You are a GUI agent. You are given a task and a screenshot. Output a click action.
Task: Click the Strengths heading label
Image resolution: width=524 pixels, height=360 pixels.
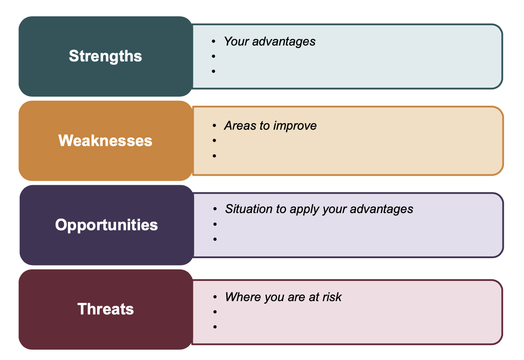click(x=105, y=56)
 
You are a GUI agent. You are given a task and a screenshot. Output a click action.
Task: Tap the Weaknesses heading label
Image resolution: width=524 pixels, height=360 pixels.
click(x=105, y=140)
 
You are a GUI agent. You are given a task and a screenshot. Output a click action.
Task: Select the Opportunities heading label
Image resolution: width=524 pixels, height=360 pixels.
click(x=107, y=225)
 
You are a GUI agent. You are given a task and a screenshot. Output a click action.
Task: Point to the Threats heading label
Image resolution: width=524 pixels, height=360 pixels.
click(x=106, y=309)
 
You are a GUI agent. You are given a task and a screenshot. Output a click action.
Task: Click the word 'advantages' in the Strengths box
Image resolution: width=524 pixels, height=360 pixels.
click(x=284, y=41)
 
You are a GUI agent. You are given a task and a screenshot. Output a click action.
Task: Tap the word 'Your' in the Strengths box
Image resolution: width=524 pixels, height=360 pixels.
click(x=237, y=41)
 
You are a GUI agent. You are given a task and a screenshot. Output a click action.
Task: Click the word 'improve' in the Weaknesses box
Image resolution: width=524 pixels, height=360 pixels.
click(x=295, y=125)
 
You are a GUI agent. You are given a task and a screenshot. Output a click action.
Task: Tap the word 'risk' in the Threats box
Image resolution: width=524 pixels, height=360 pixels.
click(x=332, y=297)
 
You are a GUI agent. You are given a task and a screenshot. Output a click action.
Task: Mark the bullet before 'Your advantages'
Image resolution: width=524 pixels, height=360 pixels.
click(x=213, y=41)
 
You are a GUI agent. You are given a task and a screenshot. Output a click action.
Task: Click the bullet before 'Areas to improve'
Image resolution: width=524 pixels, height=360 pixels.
click(x=214, y=125)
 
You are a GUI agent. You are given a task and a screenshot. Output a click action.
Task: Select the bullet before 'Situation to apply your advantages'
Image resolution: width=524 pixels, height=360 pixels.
click(x=215, y=209)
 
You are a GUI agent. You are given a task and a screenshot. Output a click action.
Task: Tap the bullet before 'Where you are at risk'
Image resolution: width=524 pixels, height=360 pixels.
click(x=215, y=297)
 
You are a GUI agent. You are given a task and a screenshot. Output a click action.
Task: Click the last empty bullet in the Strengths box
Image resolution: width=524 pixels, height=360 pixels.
click(x=213, y=71)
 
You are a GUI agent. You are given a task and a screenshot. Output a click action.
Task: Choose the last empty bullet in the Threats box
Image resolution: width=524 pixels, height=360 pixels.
click(x=215, y=326)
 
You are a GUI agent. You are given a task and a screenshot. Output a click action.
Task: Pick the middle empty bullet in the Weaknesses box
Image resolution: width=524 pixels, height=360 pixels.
click(x=214, y=140)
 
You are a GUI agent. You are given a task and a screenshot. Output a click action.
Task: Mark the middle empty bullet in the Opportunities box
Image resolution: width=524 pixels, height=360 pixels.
click(x=215, y=224)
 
